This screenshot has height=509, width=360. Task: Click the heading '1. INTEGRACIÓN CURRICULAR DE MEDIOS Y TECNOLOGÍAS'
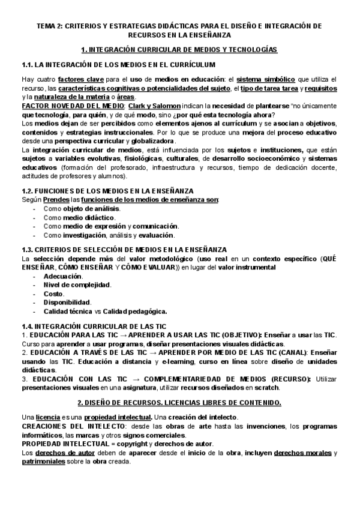point(179,50)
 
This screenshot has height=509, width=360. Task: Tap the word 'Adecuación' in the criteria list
point(63,276)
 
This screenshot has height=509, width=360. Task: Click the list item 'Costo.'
point(54,293)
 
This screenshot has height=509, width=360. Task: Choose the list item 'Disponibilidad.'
point(67,302)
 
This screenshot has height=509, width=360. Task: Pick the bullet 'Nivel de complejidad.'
point(77,285)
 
